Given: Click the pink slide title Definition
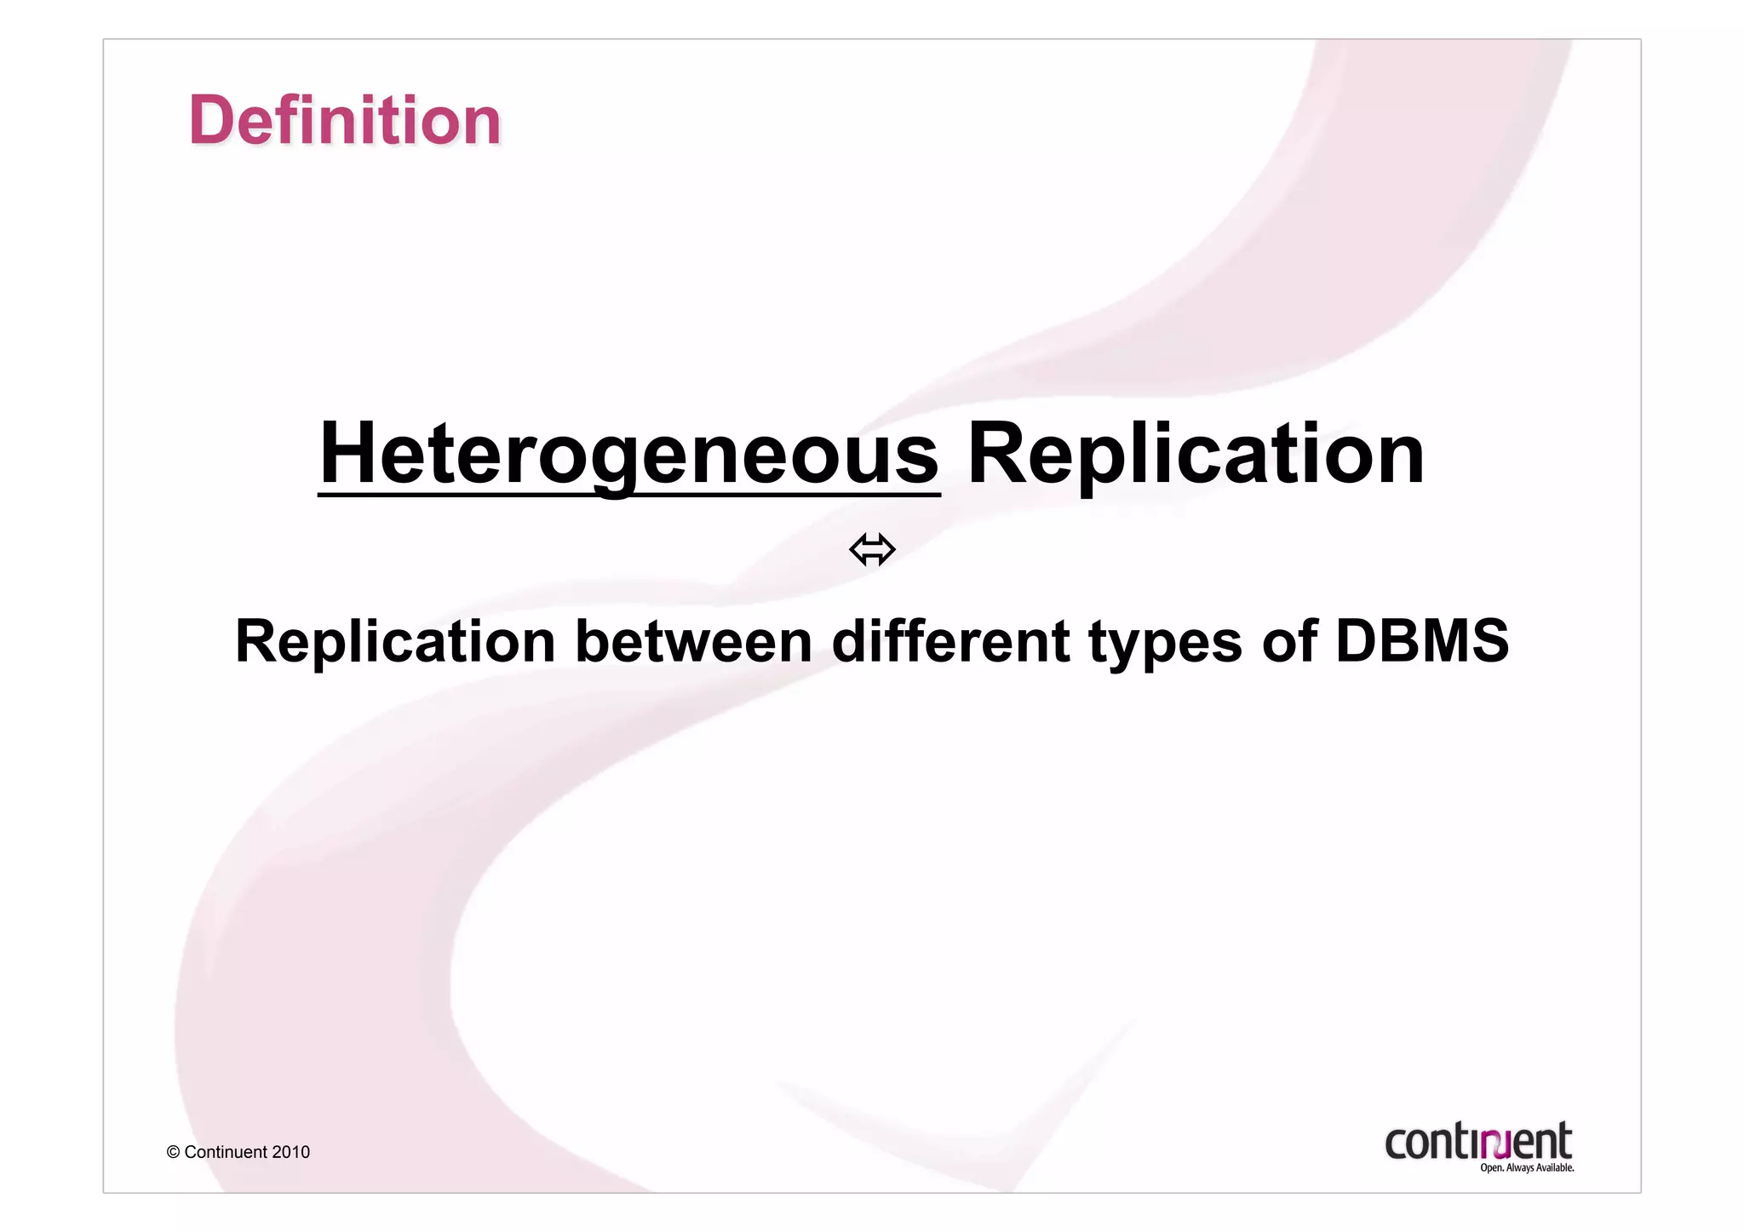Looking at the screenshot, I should pyautogui.click(x=345, y=120).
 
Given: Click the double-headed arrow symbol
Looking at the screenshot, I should pyautogui.click(x=872, y=549).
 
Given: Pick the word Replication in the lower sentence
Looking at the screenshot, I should pyautogui.click(x=395, y=640).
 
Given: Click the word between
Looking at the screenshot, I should pyautogui.click(x=694, y=640).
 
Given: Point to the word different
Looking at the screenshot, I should pyautogui.click(x=950, y=640).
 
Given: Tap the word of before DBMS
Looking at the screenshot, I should pyautogui.click(x=1289, y=640).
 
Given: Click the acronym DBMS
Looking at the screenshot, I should pyautogui.click(x=1422, y=640).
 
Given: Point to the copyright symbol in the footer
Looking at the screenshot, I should pyautogui.click(x=173, y=1152).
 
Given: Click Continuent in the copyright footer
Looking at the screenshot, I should pyautogui.click(x=226, y=1152).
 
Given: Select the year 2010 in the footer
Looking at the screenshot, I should pyautogui.click(x=291, y=1152).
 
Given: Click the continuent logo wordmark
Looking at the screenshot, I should pyautogui.click(x=1477, y=1141).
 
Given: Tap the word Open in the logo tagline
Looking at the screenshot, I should pyautogui.click(x=1491, y=1168).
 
